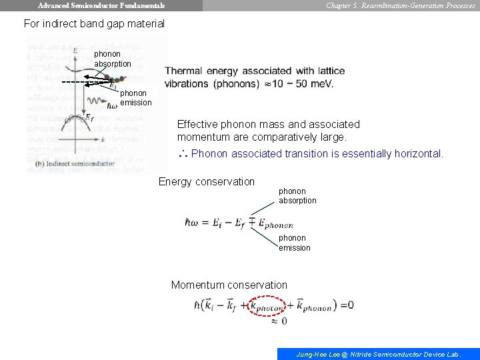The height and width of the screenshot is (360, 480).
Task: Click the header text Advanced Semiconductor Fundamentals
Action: [101, 5]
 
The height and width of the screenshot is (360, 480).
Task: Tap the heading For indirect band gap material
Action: [94, 23]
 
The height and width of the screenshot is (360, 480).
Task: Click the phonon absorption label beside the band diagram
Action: [113, 59]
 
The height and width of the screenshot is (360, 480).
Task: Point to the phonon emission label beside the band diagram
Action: [136, 98]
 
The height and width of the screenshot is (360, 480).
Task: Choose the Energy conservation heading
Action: [207, 181]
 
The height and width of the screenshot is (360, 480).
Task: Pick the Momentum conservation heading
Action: [229, 285]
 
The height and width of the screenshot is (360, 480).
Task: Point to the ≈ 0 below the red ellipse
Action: [279, 321]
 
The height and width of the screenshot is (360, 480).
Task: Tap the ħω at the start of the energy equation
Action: [192, 222]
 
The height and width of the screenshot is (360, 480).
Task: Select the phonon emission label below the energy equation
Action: [294, 243]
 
